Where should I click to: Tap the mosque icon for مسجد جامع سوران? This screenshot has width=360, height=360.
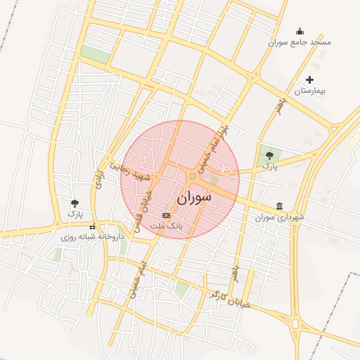[300, 31]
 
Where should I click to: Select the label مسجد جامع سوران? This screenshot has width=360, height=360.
[300, 42]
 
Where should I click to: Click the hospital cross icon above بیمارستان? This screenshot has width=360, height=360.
[309, 79]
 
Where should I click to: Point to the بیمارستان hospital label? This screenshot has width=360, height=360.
[311, 91]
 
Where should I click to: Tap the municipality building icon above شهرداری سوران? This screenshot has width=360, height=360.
[281, 206]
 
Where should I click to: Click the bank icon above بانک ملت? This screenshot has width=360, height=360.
[166, 215]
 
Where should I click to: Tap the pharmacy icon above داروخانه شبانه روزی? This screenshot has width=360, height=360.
[92, 226]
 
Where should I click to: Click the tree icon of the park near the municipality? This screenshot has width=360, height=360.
[270, 155]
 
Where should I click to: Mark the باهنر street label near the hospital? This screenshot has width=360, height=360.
[281, 107]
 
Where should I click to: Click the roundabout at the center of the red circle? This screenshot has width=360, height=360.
[193, 176]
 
